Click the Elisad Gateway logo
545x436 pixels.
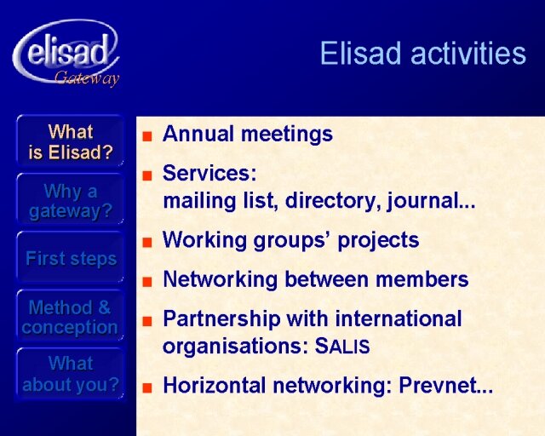point(66,53)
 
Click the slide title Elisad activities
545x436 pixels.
point(422,53)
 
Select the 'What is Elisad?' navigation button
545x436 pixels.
point(70,141)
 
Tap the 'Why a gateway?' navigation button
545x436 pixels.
point(70,201)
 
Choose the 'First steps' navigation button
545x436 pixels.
point(70,258)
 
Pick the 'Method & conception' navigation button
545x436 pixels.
point(70,317)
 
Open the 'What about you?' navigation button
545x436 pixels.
point(70,374)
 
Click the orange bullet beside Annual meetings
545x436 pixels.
point(147,136)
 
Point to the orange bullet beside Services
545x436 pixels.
point(147,175)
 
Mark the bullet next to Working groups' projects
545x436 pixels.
point(147,242)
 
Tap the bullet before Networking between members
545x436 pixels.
point(147,281)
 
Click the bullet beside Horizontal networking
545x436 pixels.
point(147,387)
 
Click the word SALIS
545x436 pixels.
point(342,346)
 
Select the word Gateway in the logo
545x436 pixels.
point(87,78)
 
